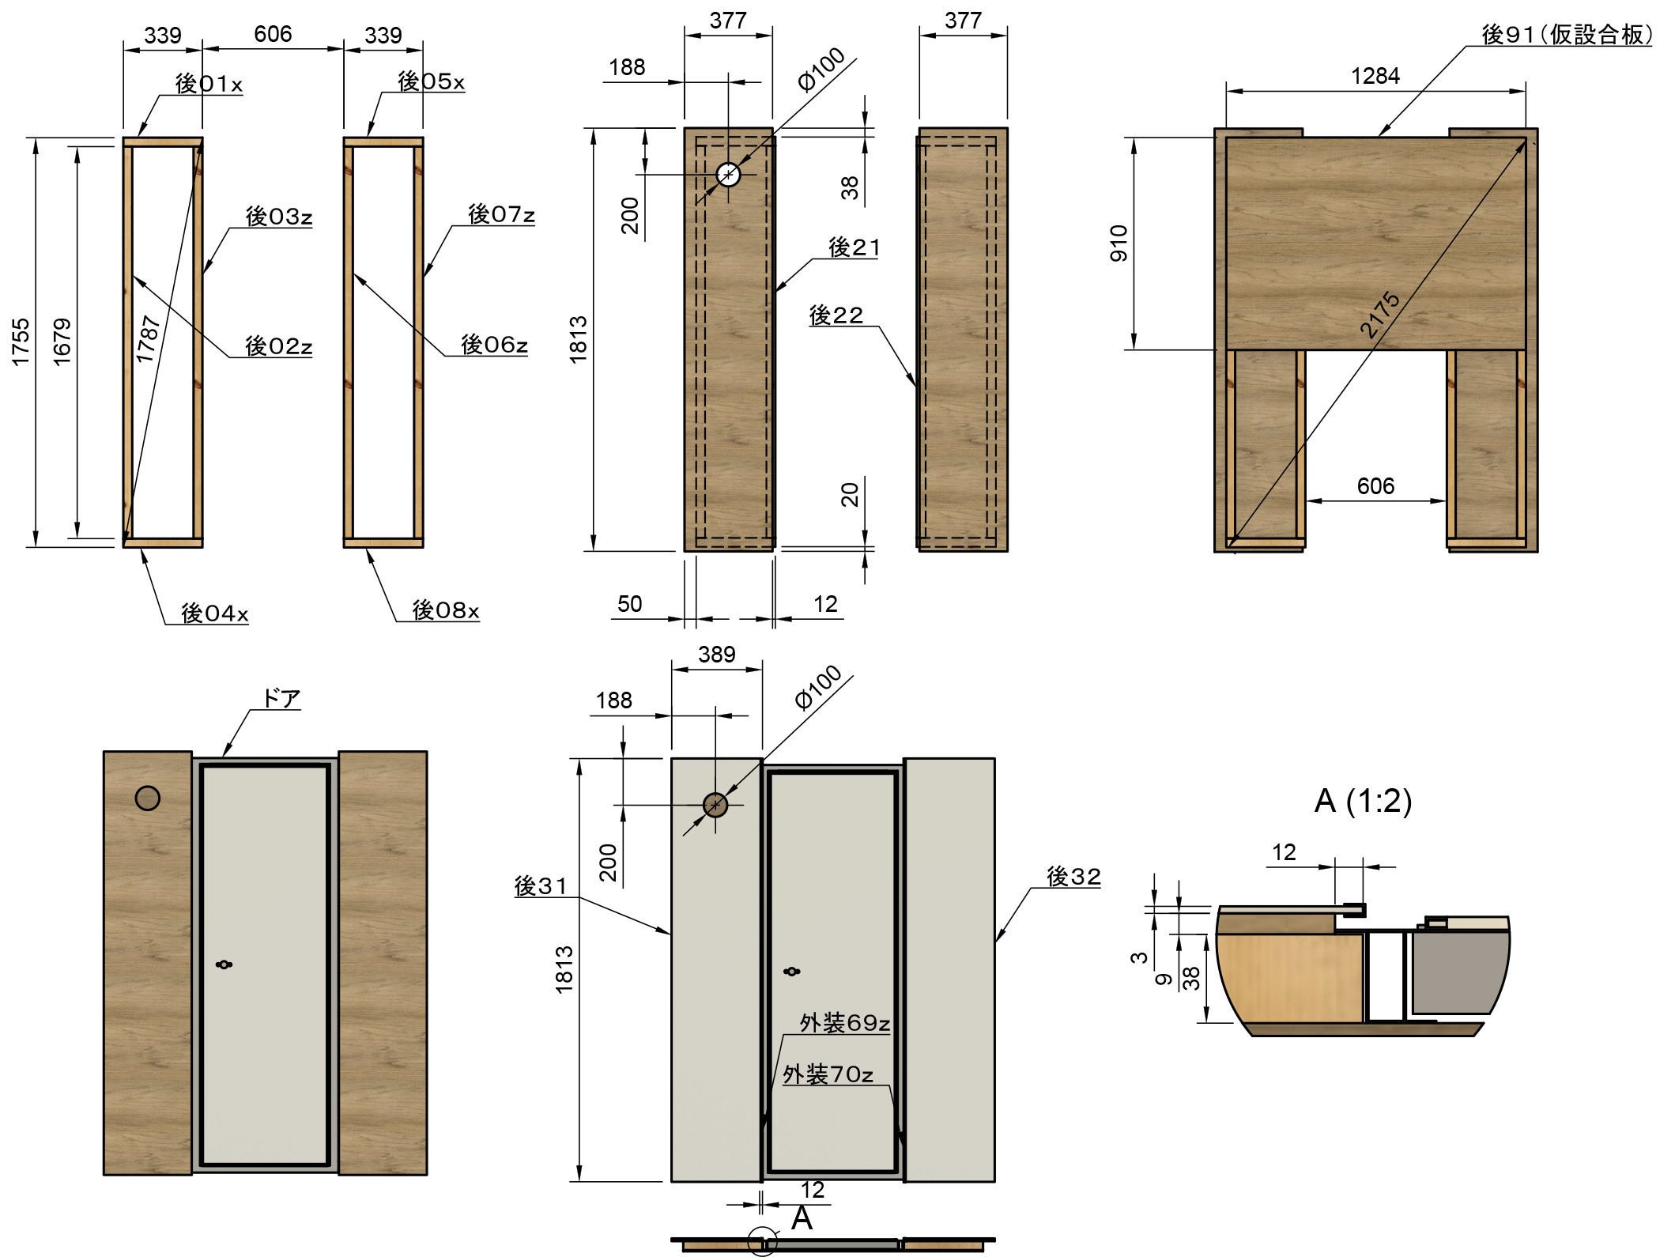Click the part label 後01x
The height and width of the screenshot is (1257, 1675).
(208, 83)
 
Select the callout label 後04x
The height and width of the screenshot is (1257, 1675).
(214, 613)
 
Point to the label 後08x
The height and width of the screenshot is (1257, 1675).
(446, 610)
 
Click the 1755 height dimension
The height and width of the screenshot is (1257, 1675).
(21, 341)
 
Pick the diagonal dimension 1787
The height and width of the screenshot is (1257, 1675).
(149, 338)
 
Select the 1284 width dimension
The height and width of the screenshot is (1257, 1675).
(1375, 75)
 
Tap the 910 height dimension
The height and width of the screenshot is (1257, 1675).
(1120, 243)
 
